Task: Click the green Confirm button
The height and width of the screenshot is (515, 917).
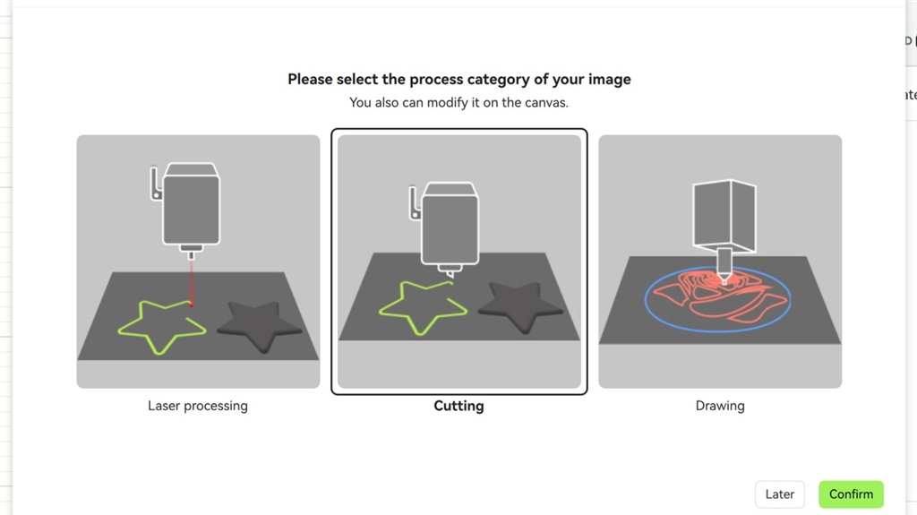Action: coord(851,494)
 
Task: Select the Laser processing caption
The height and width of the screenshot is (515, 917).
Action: coord(198,406)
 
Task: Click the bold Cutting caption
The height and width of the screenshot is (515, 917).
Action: coord(459,406)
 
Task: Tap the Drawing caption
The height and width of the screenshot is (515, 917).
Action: coord(720,406)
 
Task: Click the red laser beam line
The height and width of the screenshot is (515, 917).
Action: coord(191,282)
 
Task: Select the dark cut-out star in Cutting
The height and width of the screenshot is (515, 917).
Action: coord(520,305)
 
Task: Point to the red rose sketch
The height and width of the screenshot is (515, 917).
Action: coord(719,296)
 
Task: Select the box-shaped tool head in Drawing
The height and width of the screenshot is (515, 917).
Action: coord(724,214)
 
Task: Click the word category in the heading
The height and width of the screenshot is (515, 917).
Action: coord(500,79)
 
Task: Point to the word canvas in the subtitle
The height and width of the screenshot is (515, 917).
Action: coord(545,102)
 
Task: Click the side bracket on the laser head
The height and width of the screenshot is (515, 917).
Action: coord(155,184)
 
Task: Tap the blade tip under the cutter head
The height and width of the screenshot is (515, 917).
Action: coord(450,273)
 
